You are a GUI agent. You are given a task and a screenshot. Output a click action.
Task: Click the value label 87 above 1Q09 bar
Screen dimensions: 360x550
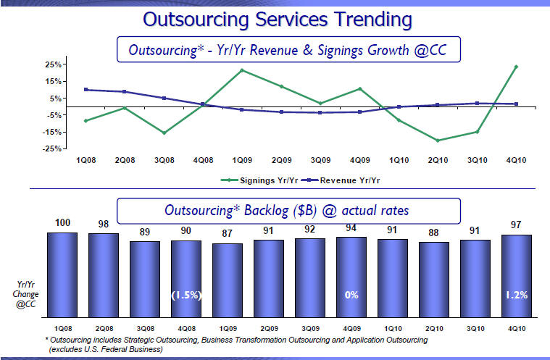pyautogui.click(x=227, y=234)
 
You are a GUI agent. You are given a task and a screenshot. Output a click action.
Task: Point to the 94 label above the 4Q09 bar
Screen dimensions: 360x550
pyautogui.click(x=351, y=227)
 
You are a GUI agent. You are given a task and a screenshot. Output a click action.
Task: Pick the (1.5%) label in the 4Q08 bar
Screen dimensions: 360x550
pyautogui.click(x=186, y=295)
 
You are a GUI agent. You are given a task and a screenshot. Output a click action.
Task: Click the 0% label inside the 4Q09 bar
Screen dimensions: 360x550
pyautogui.click(x=351, y=295)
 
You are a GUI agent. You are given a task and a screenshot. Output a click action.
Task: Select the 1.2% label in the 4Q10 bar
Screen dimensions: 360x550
pyautogui.click(x=517, y=295)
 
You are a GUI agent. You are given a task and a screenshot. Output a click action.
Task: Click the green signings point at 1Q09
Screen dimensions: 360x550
pyautogui.click(x=242, y=70)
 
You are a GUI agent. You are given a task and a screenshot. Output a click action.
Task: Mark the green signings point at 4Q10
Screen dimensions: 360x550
pyautogui.click(x=516, y=67)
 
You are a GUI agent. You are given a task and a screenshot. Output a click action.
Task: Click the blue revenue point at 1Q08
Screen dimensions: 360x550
pyautogui.click(x=86, y=90)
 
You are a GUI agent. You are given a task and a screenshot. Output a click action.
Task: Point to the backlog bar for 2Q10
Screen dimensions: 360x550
pyautogui.click(x=433, y=279)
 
